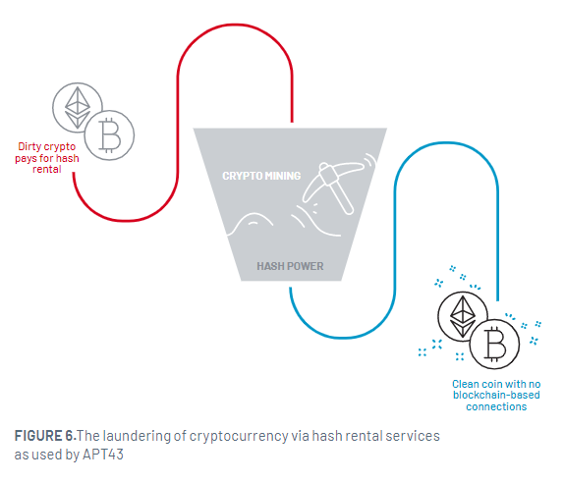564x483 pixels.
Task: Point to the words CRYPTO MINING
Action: click(261, 176)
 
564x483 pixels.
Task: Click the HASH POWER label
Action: click(290, 266)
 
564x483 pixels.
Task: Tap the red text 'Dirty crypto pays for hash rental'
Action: click(47, 158)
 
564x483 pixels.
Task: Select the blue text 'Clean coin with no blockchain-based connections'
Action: click(496, 396)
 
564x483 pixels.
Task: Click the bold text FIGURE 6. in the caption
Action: click(45, 436)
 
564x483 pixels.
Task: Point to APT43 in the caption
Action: click(103, 455)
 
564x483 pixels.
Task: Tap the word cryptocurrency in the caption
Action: click(239, 437)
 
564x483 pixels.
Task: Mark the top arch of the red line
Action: click(235, 26)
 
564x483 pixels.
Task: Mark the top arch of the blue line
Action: click(446, 143)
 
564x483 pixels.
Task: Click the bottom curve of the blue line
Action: click(343, 338)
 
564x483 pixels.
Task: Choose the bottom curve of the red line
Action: click(126, 220)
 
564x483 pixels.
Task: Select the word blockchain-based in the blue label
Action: click(496, 395)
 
